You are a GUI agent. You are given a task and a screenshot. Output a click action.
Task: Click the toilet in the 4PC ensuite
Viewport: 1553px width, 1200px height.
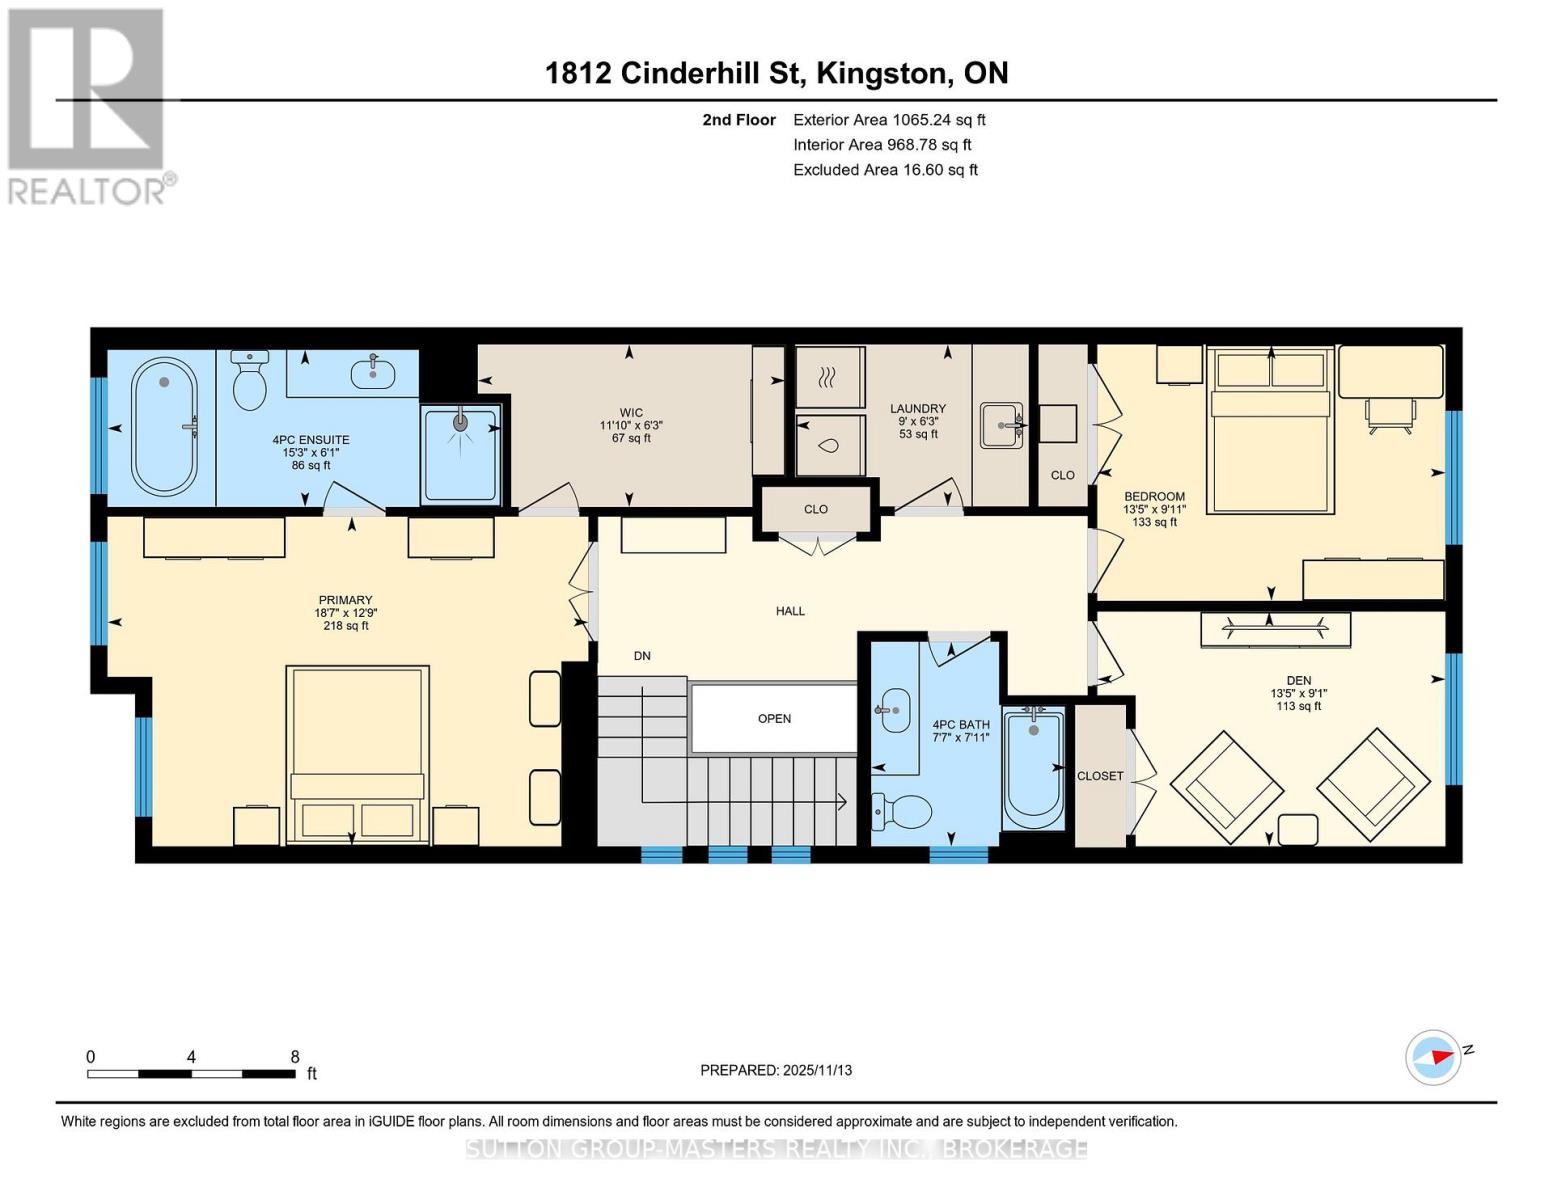tap(249, 380)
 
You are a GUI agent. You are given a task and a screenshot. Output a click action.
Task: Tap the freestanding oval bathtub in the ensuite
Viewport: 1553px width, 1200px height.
tap(164, 426)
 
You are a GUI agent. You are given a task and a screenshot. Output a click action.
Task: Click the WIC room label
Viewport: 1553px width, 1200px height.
tap(631, 412)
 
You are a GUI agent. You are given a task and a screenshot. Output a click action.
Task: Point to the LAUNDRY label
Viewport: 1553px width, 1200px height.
tap(918, 408)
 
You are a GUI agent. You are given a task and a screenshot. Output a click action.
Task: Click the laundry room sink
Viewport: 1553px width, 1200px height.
tap(1001, 425)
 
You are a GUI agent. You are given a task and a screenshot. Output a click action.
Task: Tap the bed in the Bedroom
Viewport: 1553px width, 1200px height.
tap(1270, 430)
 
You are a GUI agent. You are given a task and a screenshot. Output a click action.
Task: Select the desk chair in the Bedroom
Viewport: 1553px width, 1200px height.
tap(1390, 416)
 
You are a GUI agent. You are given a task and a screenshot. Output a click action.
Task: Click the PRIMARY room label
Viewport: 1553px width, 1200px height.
tap(346, 600)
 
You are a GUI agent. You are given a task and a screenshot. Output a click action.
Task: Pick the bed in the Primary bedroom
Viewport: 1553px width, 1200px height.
tap(357, 755)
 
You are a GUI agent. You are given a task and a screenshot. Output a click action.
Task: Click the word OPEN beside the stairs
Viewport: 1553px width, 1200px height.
tap(774, 718)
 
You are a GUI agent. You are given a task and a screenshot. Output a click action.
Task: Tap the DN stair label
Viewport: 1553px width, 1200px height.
tap(642, 655)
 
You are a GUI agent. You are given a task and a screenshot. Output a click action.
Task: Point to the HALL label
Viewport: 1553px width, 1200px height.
tap(790, 610)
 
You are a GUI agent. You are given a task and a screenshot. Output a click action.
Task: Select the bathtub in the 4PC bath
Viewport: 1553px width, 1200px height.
tap(1033, 768)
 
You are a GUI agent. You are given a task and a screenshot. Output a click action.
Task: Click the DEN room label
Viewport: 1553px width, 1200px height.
tap(1299, 680)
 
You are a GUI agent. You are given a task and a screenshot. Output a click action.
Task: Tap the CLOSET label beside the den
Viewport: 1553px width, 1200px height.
tap(1100, 775)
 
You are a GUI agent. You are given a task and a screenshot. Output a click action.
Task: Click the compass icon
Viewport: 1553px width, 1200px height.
tap(1433, 1058)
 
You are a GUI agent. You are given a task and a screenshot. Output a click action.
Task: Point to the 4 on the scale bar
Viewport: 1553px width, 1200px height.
tap(191, 1056)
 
